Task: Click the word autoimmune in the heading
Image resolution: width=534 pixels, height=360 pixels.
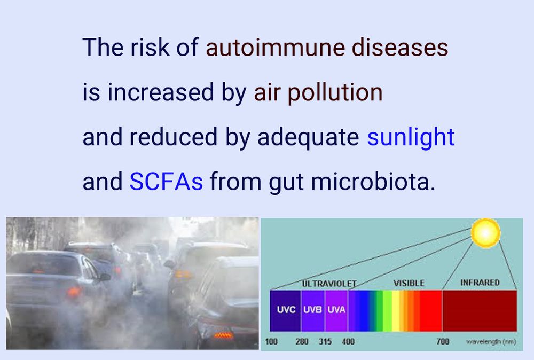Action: (x=275, y=47)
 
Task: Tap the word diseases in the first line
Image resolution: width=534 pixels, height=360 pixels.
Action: (x=400, y=47)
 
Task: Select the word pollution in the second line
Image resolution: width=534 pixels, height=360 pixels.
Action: (x=335, y=92)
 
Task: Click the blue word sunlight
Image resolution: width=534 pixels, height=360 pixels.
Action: (x=411, y=137)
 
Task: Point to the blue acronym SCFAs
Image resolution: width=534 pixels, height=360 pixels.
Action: (x=166, y=181)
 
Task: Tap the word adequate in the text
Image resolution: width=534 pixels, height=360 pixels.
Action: (x=308, y=138)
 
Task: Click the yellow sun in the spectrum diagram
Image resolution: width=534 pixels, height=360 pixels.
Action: (x=485, y=233)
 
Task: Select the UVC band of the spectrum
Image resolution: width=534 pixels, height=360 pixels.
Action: (x=285, y=310)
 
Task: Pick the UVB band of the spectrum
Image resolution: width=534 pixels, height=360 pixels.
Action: (x=312, y=310)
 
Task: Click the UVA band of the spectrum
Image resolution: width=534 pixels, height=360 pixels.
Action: (x=336, y=310)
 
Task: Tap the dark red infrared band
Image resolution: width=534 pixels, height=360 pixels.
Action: (x=480, y=310)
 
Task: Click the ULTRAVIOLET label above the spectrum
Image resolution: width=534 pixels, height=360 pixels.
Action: (x=329, y=284)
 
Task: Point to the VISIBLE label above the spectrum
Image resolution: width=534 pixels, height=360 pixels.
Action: (x=409, y=283)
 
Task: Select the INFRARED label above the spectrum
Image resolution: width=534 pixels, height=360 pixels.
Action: (x=480, y=283)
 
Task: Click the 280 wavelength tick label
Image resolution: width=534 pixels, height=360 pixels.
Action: (x=302, y=341)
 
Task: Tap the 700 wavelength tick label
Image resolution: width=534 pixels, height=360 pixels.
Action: (x=443, y=341)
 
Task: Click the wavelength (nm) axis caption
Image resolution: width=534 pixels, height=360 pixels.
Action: (x=491, y=341)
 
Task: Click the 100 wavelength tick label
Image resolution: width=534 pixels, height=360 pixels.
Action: (x=271, y=341)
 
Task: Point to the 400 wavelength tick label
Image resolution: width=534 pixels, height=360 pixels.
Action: (x=348, y=341)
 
